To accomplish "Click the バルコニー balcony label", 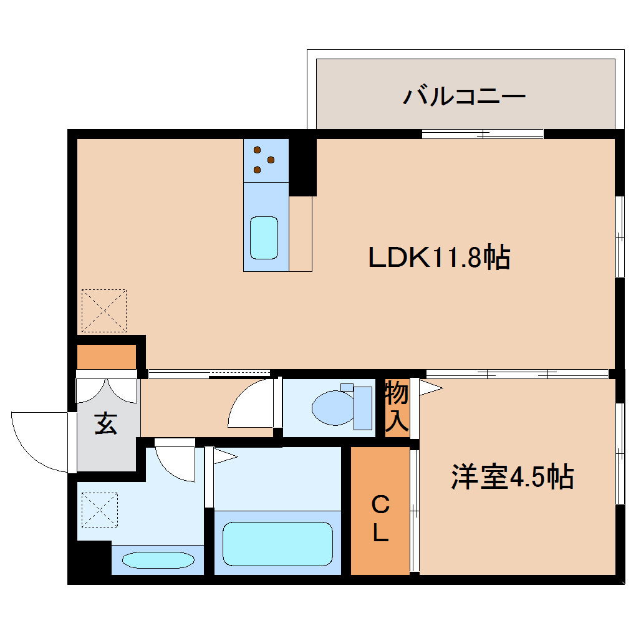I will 464,97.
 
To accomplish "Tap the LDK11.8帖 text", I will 439,256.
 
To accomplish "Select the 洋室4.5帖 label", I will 511,478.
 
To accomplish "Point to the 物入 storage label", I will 397,407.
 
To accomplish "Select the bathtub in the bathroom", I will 277,543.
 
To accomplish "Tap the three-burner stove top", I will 266,160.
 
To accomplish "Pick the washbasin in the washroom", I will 157,559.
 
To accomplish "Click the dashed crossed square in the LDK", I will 104,311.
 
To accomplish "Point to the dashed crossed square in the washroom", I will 99,510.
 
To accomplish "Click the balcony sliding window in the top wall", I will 482,133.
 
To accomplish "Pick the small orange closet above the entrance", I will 106,357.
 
